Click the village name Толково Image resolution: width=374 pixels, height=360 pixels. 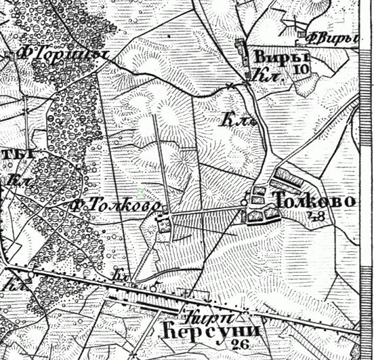click(x=313, y=201)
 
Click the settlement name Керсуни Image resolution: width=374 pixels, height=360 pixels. click(x=213, y=332)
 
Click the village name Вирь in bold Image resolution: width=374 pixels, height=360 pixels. click(x=273, y=57)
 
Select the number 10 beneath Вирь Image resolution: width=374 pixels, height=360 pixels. click(x=302, y=68)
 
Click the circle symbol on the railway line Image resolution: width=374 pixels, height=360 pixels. click(x=154, y=287)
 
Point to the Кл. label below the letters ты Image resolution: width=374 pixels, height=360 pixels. click(x=15, y=180)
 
